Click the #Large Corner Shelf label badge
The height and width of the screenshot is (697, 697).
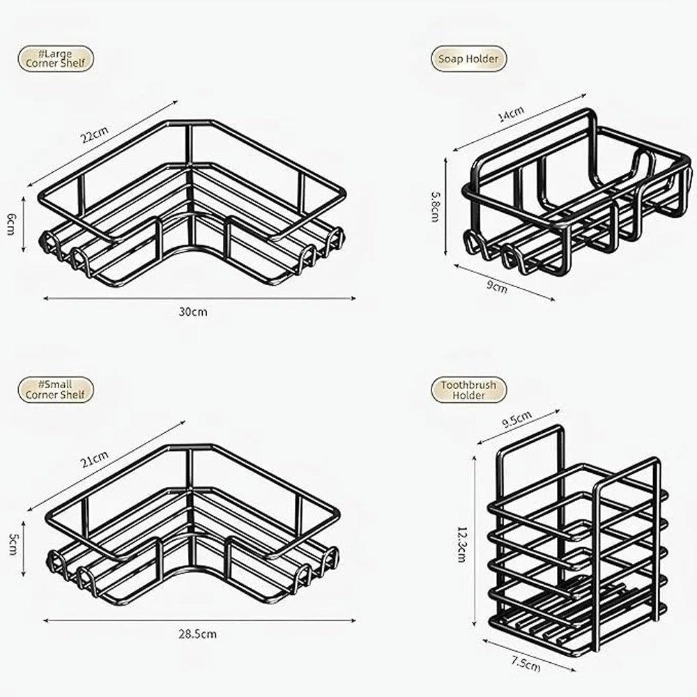pos(56,59)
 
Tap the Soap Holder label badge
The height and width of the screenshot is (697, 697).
pos(468,59)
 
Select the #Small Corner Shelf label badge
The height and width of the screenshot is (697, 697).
pos(56,390)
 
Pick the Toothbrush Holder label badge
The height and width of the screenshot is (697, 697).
pos(468,390)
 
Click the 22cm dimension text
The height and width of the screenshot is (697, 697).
pos(95,135)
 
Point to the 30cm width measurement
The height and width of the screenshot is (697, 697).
pos(193,312)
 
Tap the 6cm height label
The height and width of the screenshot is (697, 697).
pos(12,224)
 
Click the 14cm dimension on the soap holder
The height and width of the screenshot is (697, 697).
pos(511,114)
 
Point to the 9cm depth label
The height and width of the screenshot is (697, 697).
pos(496,286)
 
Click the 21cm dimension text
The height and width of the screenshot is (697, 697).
pos(94,459)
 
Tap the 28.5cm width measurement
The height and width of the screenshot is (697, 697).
pos(197,634)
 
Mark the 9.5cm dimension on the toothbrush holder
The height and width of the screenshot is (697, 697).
pos(517,419)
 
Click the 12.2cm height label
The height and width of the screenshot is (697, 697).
pos(462,544)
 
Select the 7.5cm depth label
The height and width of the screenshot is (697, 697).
pos(526,664)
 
